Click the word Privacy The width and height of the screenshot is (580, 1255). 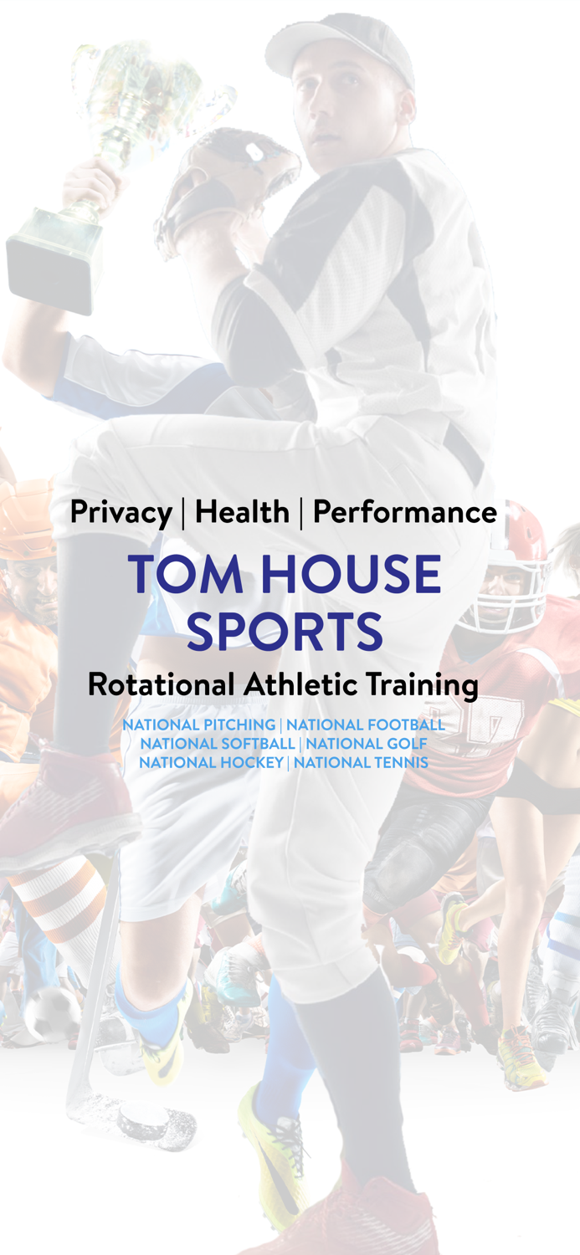(121, 512)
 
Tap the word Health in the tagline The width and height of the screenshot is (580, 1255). (242, 512)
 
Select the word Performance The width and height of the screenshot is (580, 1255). (404, 512)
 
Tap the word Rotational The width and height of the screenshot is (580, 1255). (162, 685)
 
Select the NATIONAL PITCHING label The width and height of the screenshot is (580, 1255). (199, 725)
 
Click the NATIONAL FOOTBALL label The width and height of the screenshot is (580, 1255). (365, 725)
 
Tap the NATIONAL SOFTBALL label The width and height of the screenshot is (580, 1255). (218, 743)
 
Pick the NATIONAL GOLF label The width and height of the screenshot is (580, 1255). (367, 743)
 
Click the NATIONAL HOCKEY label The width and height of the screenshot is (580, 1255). (211, 762)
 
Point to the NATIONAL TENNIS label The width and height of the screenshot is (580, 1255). (361, 762)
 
